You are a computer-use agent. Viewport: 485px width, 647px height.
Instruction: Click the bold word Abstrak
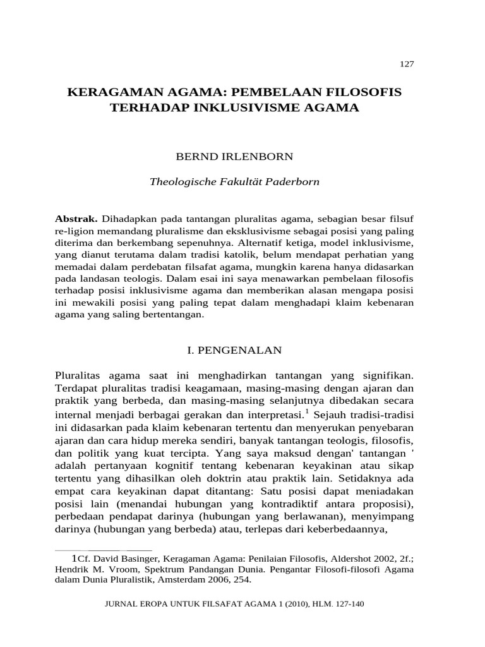click(76, 218)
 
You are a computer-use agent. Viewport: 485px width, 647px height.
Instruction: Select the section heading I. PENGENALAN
click(234, 349)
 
